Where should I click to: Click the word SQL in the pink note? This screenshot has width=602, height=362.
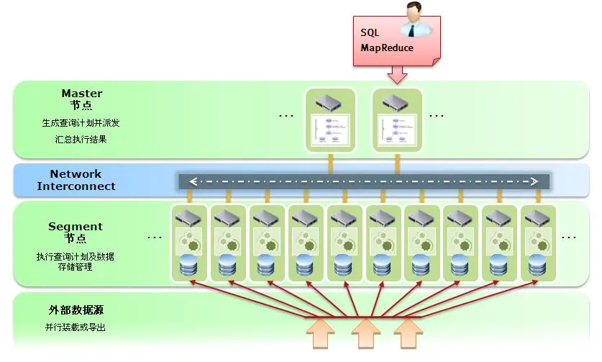click(370, 33)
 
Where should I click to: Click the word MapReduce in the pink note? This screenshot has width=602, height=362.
click(387, 48)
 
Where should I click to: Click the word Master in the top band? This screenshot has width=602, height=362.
click(81, 94)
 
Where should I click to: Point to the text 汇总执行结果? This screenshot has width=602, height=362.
click(81, 139)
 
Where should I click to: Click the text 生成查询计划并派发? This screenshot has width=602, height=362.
click(81, 123)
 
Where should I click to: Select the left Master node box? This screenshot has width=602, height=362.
click(330, 119)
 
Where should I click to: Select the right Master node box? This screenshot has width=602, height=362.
click(398, 119)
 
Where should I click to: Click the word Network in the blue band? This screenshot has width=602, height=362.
click(76, 174)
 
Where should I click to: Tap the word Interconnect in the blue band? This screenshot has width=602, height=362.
click(76, 186)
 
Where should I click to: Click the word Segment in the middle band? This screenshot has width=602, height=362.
click(76, 227)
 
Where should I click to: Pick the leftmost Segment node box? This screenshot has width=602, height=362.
click(188, 243)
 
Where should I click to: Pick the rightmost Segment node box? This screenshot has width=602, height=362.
click(538, 243)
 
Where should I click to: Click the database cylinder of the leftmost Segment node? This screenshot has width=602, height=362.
click(188, 266)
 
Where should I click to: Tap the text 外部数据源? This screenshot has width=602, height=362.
click(71, 311)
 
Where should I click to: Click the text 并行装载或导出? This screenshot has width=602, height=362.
click(76, 327)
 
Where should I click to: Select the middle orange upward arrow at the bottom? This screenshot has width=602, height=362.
click(365, 334)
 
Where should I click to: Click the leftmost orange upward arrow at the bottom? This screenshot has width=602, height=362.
click(321, 334)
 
